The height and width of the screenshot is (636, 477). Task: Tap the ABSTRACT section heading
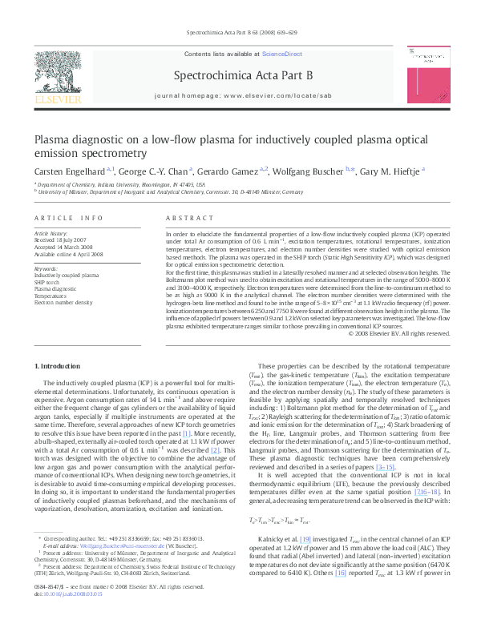pos(184,218)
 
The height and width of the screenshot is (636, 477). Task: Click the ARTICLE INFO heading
pos(68,218)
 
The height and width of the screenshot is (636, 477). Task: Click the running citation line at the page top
pos(238,33)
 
